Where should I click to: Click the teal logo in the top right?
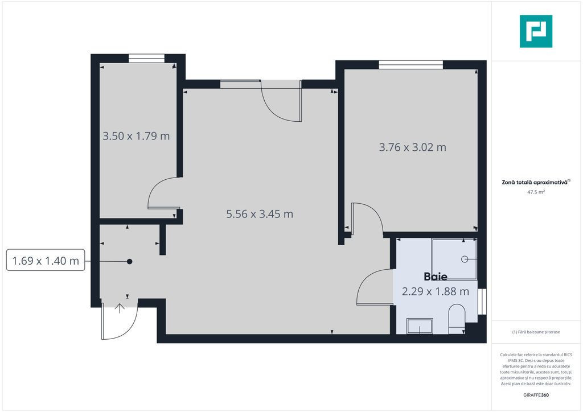[x=536, y=31]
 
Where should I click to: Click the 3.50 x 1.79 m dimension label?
[x=136, y=136]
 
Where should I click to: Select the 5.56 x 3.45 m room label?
[x=260, y=214]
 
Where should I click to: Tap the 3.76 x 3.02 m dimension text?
[x=412, y=147]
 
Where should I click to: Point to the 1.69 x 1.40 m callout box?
[x=46, y=261]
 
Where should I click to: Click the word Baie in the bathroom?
[x=436, y=277]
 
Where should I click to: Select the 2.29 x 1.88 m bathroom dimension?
[x=436, y=291]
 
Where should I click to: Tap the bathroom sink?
[x=420, y=326]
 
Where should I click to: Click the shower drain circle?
[x=465, y=259]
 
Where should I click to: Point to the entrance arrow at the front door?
[x=120, y=308]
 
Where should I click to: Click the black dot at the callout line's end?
[x=129, y=262]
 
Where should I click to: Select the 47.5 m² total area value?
[x=536, y=192]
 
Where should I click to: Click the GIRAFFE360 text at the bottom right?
[x=536, y=395]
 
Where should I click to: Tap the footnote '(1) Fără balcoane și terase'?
[x=536, y=332]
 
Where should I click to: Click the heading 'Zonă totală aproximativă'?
[x=535, y=183]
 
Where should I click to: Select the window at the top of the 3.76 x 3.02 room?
[x=411, y=65]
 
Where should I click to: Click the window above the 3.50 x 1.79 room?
[x=146, y=58]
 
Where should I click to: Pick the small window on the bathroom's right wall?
[x=482, y=301]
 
